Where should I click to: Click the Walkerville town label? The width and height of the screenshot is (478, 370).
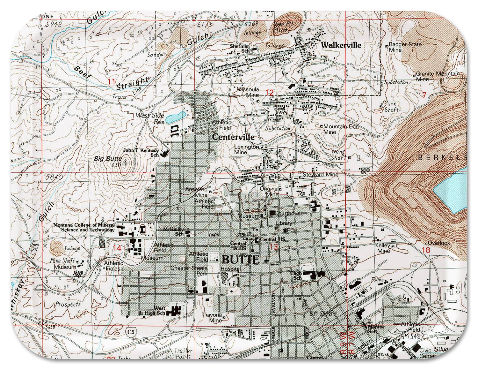coord(341,45)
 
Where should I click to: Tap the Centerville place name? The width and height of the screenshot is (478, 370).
coord(233,137)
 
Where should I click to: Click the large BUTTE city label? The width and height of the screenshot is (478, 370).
coord(241,259)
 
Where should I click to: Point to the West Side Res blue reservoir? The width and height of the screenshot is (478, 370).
coord(175,117)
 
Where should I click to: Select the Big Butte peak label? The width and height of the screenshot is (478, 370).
coord(108,159)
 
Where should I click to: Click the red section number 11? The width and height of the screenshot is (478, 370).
coord(111,82)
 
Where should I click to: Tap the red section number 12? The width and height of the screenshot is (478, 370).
coord(269,93)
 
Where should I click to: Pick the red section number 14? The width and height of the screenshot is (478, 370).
coord(117,248)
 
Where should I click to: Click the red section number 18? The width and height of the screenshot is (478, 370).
coord(426,250)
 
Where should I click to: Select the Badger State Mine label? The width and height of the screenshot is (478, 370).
coord(405,47)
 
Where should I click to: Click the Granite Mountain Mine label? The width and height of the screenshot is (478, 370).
coord(437,76)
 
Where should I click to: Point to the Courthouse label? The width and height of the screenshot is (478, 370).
coord(289,213)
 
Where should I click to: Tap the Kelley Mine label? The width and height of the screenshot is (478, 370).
coord(383,248)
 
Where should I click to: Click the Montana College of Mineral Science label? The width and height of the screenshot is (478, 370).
coord(84,227)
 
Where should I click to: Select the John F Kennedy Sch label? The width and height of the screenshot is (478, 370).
coord(141,152)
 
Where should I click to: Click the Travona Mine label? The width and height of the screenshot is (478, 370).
coord(212,317)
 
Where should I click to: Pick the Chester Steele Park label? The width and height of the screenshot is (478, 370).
coord(189,270)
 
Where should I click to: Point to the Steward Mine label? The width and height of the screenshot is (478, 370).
coord(320,174)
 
